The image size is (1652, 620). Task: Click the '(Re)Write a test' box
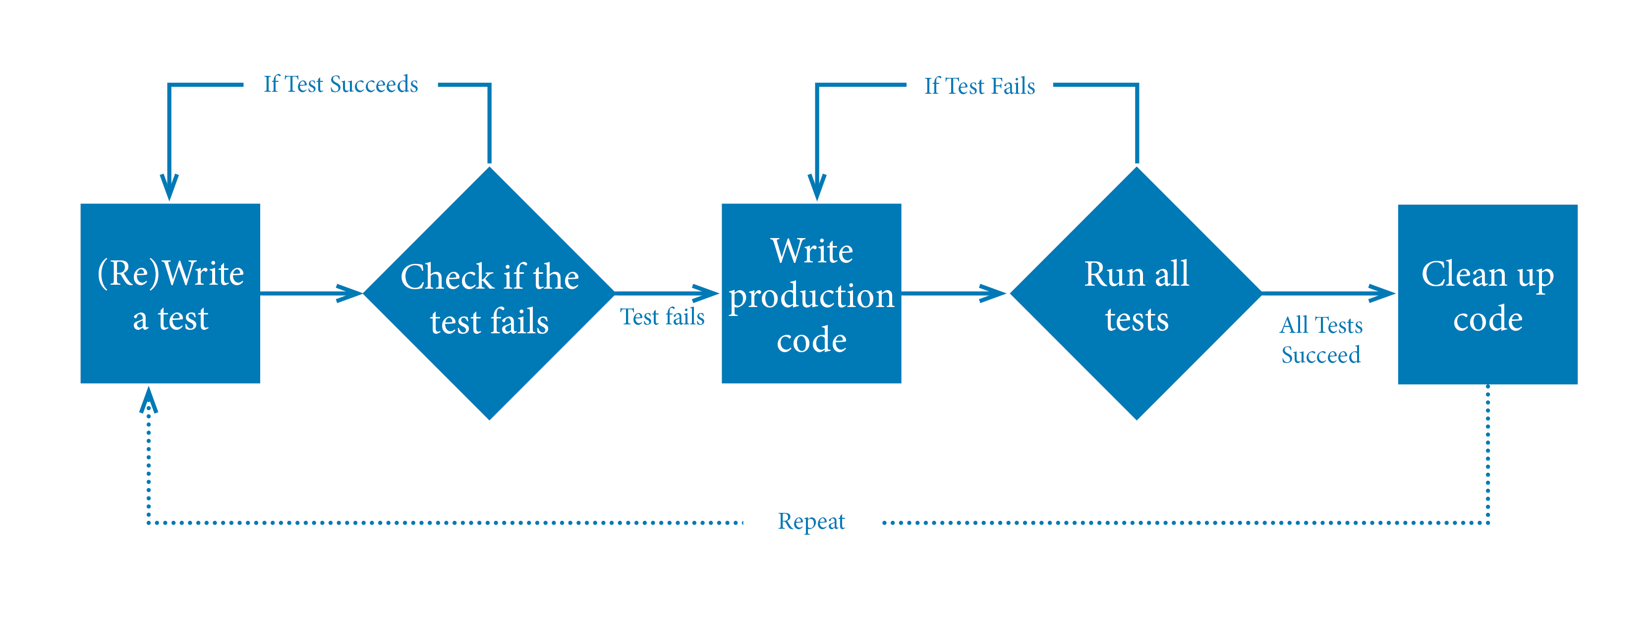[170, 293]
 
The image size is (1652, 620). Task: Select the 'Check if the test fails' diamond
[489, 293]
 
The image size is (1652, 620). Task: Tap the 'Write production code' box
[811, 293]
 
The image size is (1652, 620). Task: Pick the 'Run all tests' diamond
[1137, 293]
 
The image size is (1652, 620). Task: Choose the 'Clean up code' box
[1487, 294]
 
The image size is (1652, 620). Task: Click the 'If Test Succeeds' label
[341, 84]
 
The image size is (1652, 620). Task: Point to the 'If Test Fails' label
[979, 86]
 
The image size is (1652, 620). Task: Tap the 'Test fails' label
[662, 316]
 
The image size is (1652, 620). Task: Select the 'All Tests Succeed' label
[1320, 340]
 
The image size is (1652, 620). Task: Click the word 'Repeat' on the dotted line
[811, 521]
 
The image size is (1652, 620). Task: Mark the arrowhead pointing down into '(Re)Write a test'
[170, 187]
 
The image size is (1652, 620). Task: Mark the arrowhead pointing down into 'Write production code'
[817, 187]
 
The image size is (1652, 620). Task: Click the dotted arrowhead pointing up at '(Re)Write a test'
[149, 399]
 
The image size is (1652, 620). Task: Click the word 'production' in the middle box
[811, 296]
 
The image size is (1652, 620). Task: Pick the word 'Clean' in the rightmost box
[1464, 274]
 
